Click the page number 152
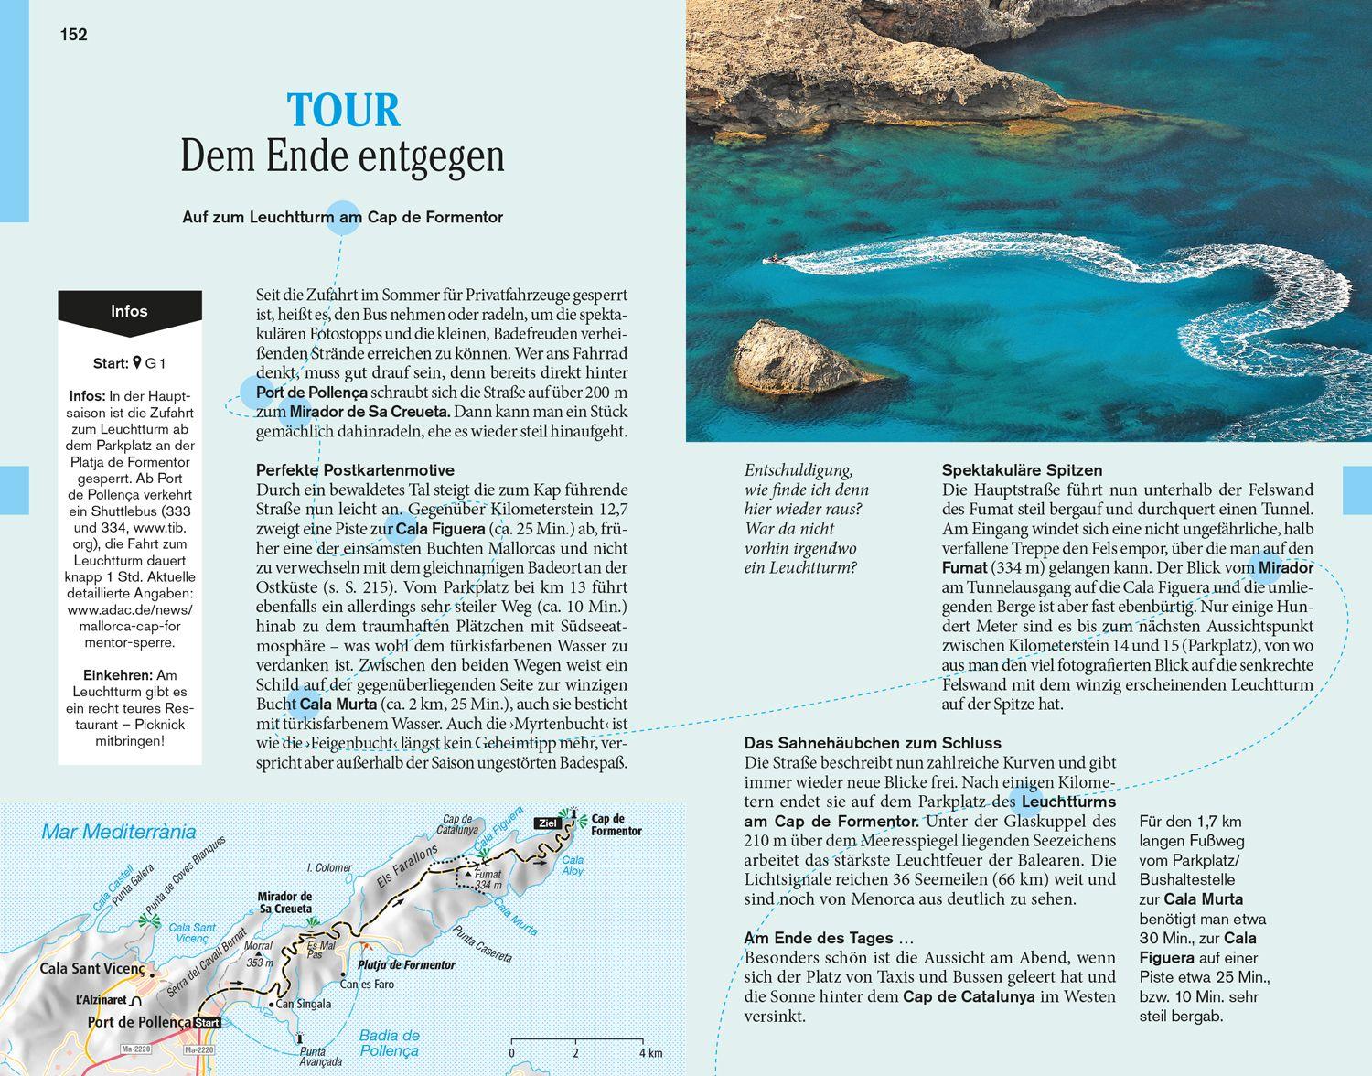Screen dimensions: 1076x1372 [x=73, y=35]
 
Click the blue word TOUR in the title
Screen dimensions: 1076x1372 [x=344, y=111]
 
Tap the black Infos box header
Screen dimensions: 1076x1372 [x=129, y=311]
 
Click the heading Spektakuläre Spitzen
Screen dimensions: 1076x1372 [x=1022, y=470]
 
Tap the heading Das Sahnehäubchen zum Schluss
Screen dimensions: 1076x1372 [x=873, y=743]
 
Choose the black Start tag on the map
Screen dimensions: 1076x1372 [x=209, y=1023]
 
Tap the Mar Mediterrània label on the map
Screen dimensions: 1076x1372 [x=119, y=833]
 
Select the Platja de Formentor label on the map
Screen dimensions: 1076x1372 [x=407, y=965]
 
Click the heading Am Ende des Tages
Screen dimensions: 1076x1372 [x=830, y=938]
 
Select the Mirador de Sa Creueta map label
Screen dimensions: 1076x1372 [x=284, y=902]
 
